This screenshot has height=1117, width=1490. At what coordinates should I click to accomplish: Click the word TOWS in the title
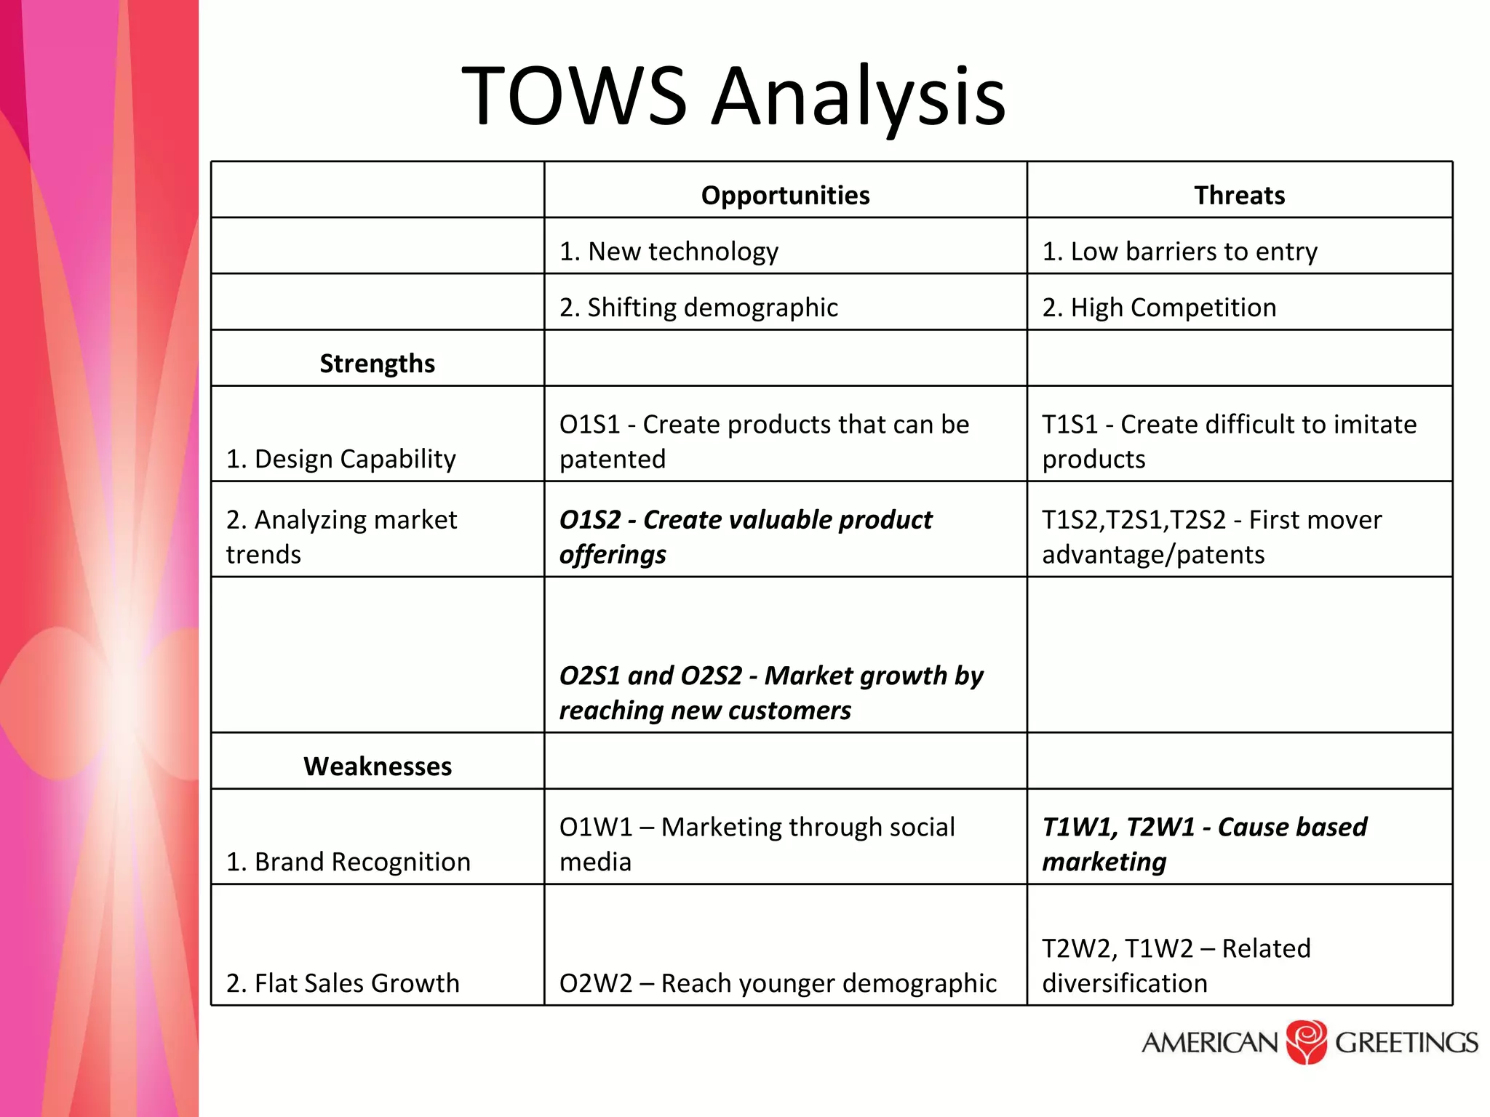(574, 97)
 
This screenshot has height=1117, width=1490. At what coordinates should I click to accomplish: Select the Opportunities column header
(785, 196)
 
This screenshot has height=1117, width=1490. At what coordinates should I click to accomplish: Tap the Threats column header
(1239, 196)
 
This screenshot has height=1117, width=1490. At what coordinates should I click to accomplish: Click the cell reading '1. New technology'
(669, 252)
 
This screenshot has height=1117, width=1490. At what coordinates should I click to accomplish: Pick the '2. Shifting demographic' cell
(698, 308)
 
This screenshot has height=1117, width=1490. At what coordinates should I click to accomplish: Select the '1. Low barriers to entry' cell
(1179, 252)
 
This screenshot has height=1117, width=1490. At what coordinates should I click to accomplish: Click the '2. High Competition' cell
(1159, 308)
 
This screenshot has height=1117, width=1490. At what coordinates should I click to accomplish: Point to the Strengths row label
(377, 364)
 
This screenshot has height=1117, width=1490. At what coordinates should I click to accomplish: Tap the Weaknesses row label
(378, 766)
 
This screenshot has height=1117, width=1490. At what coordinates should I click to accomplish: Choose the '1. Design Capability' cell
(341, 459)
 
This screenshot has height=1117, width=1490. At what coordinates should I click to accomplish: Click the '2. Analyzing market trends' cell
(341, 537)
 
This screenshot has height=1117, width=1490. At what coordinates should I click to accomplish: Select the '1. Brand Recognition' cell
(348, 862)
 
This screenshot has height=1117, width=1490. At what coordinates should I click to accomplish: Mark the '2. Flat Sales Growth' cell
(343, 983)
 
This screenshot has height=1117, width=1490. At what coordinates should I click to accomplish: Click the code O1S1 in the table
(590, 425)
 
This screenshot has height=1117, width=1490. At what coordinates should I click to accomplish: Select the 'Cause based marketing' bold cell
(1205, 844)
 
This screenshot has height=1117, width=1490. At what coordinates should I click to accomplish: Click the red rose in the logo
(1307, 1042)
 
